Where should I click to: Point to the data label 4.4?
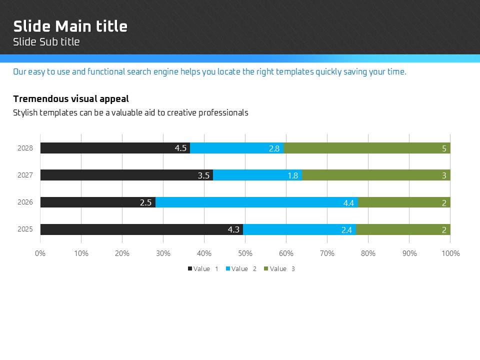[348, 203]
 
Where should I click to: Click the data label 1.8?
[293, 175]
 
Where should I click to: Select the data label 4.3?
[233, 229]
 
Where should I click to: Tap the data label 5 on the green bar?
[444, 148]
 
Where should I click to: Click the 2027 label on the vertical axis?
[25, 175]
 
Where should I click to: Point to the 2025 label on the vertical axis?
[25, 229]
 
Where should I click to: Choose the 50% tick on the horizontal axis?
[245, 253]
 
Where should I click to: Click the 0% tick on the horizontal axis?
[40, 253]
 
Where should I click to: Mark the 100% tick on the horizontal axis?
[450, 253]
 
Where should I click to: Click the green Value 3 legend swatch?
[266, 269]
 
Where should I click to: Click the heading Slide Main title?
[70, 26]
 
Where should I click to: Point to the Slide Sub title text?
[46, 42]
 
